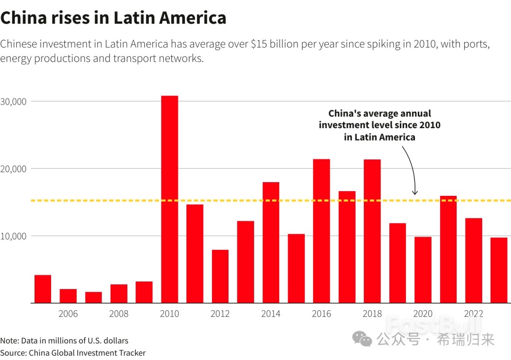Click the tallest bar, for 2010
coord(169,199)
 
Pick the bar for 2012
coord(220,276)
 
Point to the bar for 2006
coord(68,296)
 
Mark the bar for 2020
coord(423,270)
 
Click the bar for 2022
coord(473,260)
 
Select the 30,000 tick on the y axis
coord(15,102)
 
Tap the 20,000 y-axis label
coord(15,169)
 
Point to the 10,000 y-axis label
coord(15,236)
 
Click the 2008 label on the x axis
coord(119,314)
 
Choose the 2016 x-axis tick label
coord(321,314)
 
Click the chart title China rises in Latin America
coord(113,18)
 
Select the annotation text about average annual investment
coord(379,125)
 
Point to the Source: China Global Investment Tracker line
coord(73,353)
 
